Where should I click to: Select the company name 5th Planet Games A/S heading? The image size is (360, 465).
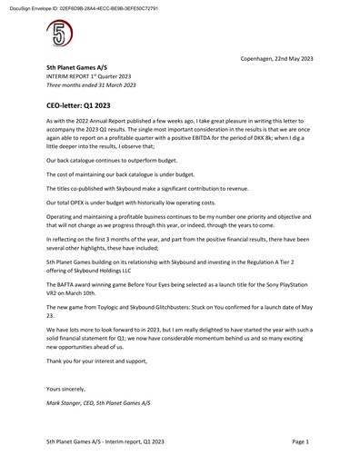79,67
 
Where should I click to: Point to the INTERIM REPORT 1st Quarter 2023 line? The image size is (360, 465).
89,76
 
